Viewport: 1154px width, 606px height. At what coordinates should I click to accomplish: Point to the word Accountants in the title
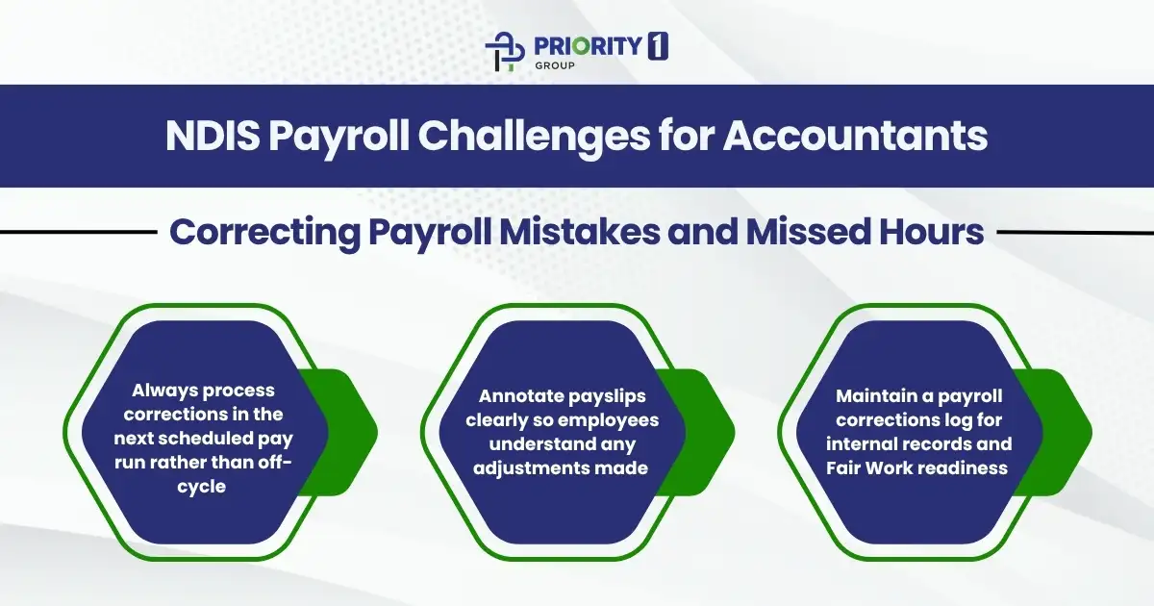(x=855, y=137)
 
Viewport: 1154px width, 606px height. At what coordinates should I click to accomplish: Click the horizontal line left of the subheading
(x=77, y=232)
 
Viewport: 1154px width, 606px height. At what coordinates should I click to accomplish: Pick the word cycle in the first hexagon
(x=203, y=487)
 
